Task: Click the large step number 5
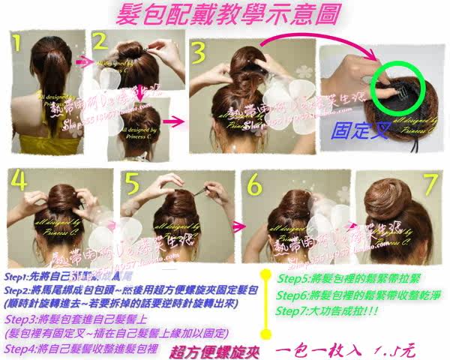coord(131,184)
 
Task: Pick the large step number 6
coord(253,184)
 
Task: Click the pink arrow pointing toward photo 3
coord(172,120)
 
